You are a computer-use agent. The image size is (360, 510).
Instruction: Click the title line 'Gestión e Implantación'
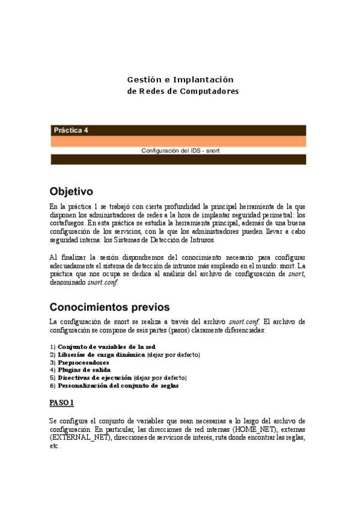[180, 79]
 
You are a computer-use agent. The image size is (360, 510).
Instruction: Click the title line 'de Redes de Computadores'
[183, 91]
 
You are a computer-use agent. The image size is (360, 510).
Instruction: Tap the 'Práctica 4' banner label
[71, 130]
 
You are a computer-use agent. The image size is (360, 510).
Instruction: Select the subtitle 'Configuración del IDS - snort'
[180, 150]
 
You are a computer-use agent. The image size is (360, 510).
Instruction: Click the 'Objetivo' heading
[71, 192]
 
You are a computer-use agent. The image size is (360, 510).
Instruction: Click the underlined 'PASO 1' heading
[61, 402]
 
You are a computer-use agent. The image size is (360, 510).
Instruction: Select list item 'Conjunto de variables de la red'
[106, 347]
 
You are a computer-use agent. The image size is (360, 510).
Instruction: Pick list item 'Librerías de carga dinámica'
[102, 355]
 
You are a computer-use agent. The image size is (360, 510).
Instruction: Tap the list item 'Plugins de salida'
[84, 370]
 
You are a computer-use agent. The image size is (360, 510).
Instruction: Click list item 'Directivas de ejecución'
[94, 378]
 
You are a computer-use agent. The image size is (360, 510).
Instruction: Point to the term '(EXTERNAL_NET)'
[73, 438]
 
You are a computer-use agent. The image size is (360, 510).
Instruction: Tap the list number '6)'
[53, 386]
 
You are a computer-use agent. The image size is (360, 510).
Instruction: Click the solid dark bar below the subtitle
[178, 159]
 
